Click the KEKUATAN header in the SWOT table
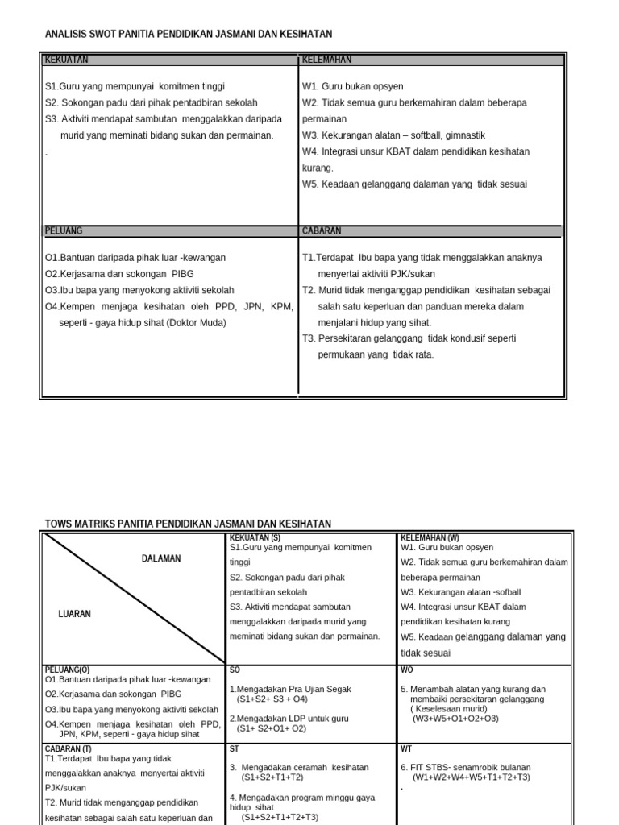[x=67, y=60]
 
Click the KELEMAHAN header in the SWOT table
[x=327, y=60]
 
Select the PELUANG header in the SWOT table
[x=64, y=230]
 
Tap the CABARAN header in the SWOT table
[x=322, y=230]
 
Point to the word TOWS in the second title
[x=59, y=524]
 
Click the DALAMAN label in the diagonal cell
[x=161, y=558]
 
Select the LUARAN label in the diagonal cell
[x=75, y=614]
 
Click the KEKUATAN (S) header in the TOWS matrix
[x=255, y=537]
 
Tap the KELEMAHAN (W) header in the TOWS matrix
[x=430, y=537]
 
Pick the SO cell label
[x=235, y=669]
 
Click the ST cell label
[x=235, y=748]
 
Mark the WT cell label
[x=405, y=748]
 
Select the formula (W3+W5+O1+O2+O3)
[x=455, y=718]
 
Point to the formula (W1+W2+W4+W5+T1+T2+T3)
[x=471, y=777]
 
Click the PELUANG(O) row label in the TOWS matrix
[x=68, y=669]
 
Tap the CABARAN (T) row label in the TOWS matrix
[x=69, y=748]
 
